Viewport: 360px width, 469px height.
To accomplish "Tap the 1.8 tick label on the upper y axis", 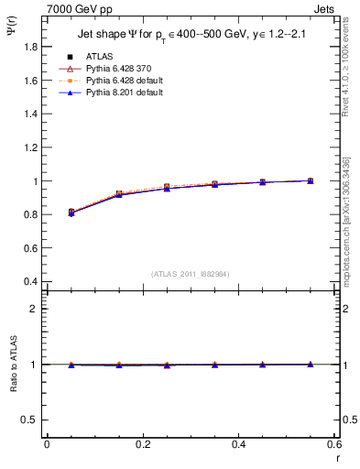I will click(x=31, y=48).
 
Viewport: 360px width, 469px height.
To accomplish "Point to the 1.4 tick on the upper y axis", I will click(x=31, y=115).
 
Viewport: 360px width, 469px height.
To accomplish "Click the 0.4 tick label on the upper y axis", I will click(x=31, y=281).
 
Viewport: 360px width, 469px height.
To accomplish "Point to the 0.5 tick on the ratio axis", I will click(x=31, y=420).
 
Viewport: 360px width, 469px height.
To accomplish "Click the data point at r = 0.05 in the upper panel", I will click(x=71, y=212).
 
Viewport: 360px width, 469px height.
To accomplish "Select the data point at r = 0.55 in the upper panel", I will click(x=311, y=181).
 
